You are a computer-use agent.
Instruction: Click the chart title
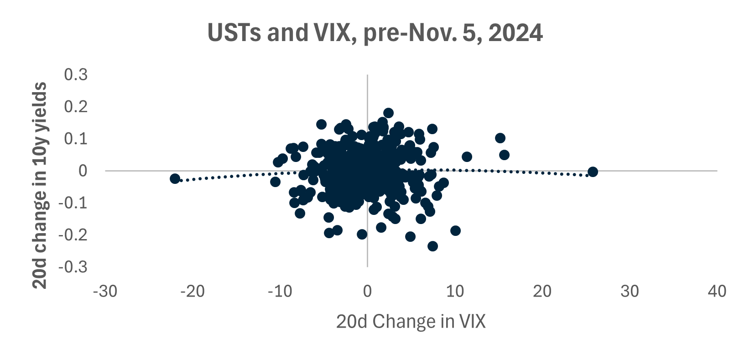[375, 33]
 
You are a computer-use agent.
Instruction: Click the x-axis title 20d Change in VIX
[411, 322]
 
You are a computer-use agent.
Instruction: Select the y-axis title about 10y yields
[41, 185]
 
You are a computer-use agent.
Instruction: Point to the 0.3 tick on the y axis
[76, 74]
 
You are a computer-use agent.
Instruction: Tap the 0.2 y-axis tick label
[76, 106]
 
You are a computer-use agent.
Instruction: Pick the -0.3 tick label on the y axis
[73, 266]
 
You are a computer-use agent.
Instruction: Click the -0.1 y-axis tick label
[73, 203]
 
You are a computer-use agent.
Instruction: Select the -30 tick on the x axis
[105, 291]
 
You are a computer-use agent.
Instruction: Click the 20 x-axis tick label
[542, 291]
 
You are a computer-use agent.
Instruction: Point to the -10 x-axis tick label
[280, 291]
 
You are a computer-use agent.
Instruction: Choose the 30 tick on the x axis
[630, 291]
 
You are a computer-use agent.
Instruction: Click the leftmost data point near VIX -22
[175, 178]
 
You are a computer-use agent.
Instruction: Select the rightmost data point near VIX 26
[593, 172]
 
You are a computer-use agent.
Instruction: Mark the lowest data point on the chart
[432, 246]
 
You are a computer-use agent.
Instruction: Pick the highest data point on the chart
[388, 113]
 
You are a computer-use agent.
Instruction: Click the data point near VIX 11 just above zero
[467, 157]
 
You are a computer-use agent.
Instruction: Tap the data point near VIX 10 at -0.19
[455, 230]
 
